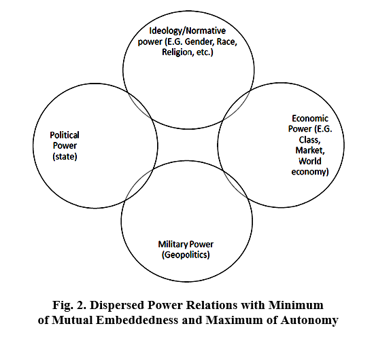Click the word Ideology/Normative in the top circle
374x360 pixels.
coord(187,31)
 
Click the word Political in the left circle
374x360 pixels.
coord(65,135)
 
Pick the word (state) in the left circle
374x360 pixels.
coord(65,156)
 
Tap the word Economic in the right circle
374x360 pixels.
coord(310,118)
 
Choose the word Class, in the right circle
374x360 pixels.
coord(309,140)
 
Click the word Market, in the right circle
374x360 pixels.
coord(310,150)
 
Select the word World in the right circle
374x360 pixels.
coord(310,161)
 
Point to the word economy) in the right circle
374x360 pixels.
coord(310,172)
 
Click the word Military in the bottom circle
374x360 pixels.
coord(173,245)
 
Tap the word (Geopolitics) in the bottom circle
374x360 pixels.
coord(186,255)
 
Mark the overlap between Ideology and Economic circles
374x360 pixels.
coord(236,104)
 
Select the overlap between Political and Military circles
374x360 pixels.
coord(139,184)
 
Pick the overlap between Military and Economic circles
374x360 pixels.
coord(235,183)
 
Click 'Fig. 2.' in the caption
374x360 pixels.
coord(69,305)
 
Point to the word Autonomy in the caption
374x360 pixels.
coord(309,321)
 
